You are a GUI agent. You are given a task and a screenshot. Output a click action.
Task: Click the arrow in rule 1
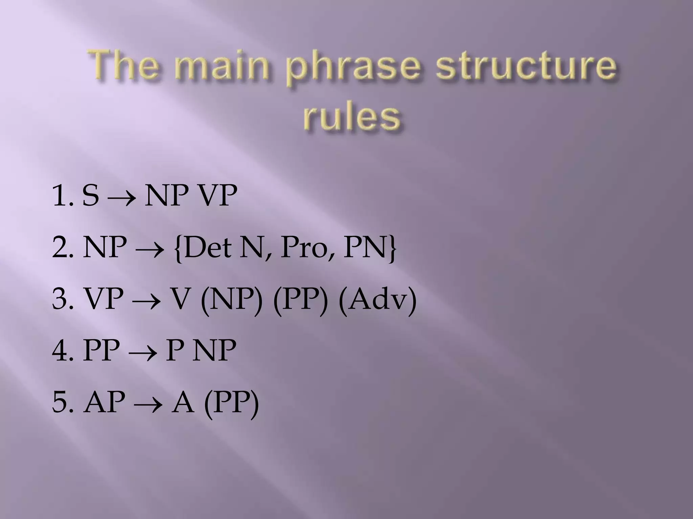click(x=121, y=197)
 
